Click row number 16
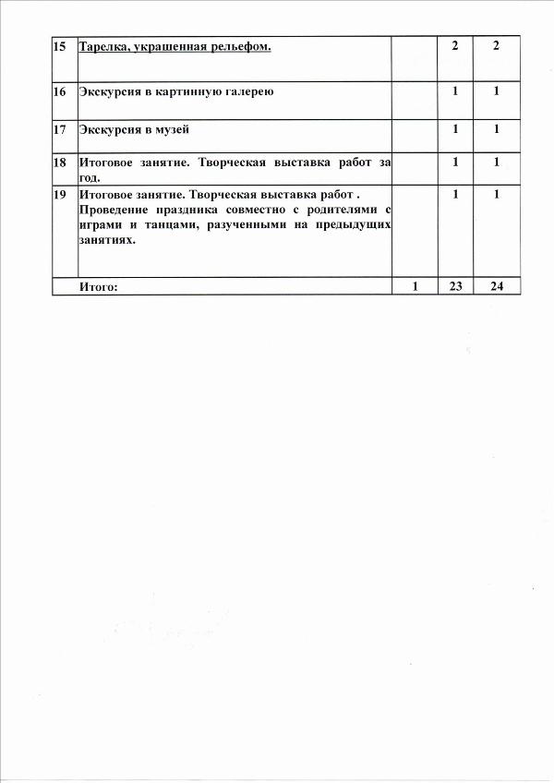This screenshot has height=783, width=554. tap(61, 92)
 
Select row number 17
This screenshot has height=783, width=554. tap(61, 129)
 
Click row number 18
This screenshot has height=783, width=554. tap(61, 163)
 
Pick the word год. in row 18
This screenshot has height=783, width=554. tap(90, 176)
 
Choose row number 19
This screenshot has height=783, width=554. tap(61, 195)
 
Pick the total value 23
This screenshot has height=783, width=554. tap(455, 286)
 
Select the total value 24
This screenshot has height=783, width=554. tap(497, 286)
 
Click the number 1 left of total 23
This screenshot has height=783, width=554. tap(415, 286)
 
